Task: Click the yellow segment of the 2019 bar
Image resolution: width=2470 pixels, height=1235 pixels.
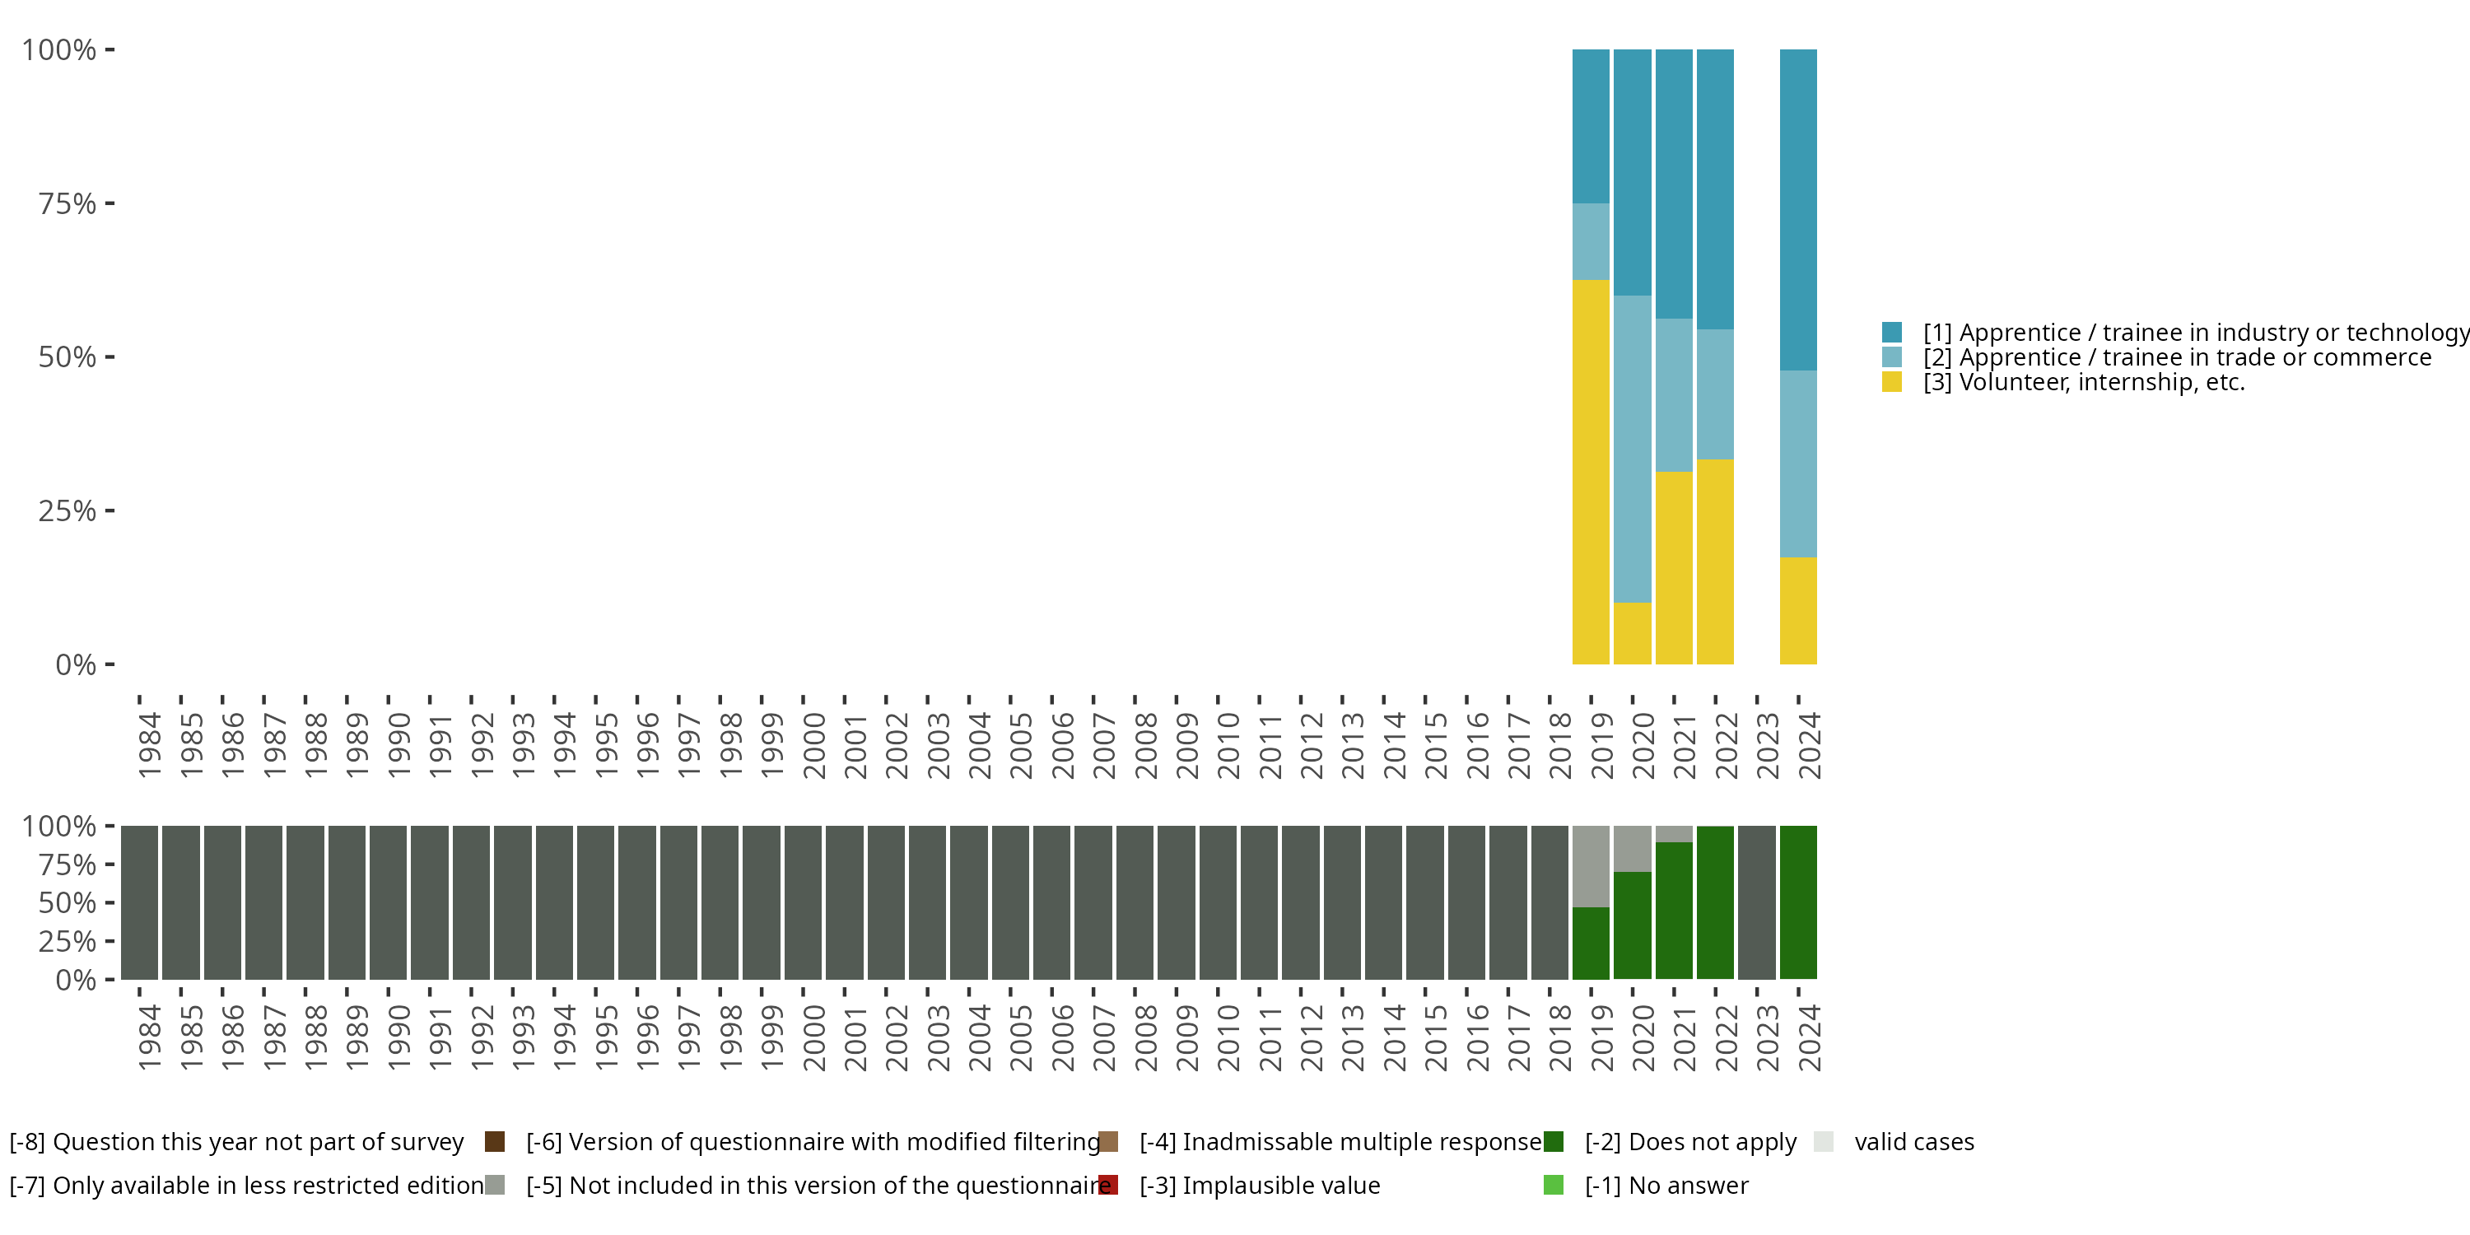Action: point(1591,472)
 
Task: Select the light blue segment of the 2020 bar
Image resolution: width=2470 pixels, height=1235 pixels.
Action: point(1632,449)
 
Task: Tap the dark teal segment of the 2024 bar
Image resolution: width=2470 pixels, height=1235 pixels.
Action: point(1798,209)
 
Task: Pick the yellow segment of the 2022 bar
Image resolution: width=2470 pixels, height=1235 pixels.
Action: point(1714,562)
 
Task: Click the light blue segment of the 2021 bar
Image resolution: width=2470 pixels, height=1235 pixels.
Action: point(1673,395)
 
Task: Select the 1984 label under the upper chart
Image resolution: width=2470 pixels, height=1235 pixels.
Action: point(149,745)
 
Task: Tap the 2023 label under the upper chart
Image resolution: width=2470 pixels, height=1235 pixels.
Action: point(1767,745)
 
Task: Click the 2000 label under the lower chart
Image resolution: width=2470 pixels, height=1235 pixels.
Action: point(813,1038)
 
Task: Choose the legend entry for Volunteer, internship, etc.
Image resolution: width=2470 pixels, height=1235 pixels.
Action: point(2084,383)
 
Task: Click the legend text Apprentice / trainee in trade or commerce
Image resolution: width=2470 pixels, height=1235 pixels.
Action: point(2177,357)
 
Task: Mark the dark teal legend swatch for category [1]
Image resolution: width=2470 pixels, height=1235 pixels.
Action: point(1892,333)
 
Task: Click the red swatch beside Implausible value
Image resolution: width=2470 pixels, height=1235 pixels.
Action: point(1108,1185)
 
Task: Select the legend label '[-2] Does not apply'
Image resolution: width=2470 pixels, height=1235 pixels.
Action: point(1690,1142)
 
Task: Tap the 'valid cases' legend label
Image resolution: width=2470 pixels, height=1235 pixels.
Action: point(1914,1142)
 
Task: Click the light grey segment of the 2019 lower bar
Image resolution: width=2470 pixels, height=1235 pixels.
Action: point(1591,866)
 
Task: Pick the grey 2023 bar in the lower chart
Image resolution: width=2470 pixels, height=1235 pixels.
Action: point(1757,902)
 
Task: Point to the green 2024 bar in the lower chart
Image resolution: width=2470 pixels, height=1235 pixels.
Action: point(1798,902)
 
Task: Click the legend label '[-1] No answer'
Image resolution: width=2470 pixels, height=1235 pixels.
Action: point(1666,1185)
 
